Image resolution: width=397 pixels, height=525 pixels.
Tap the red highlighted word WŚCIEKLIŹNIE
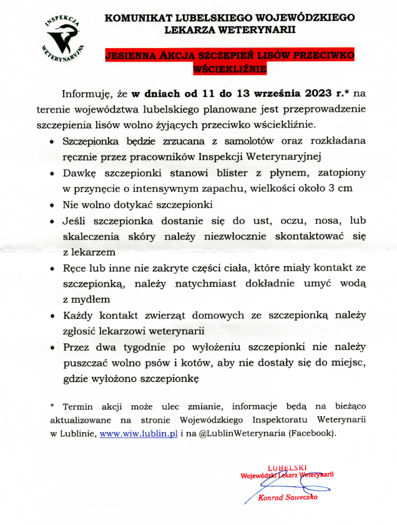pos(229,68)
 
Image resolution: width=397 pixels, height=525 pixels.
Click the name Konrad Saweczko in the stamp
pos(288,497)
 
